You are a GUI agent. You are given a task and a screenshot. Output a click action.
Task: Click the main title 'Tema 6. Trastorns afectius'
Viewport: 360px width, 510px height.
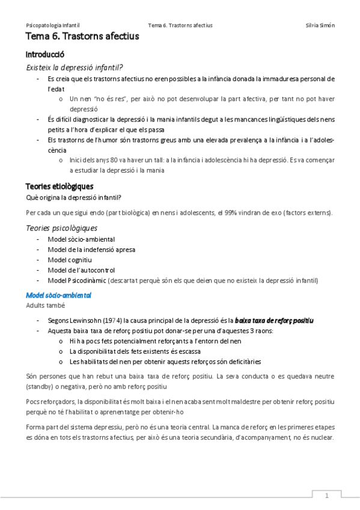pyautogui.click(x=82, y=37)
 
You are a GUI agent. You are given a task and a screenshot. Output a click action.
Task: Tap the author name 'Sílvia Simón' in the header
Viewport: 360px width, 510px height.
pyautogui.click(x=320, y=25)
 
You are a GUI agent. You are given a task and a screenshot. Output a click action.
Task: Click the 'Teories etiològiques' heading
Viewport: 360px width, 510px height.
pyautogui.click(x=59, y=186)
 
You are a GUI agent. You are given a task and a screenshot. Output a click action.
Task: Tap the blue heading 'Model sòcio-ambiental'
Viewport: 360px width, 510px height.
pyautogui.click(x=58, y=295)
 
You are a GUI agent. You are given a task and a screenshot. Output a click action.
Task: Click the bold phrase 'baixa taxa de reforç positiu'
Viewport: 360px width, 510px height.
pyautogui.click(x=274, y=320)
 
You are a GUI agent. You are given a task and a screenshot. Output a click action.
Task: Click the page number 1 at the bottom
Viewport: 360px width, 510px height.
pyautogui.click(x=326, y=496)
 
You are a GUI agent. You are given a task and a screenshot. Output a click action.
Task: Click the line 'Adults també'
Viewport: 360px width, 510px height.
pyautogui.click(x=44, y=306)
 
